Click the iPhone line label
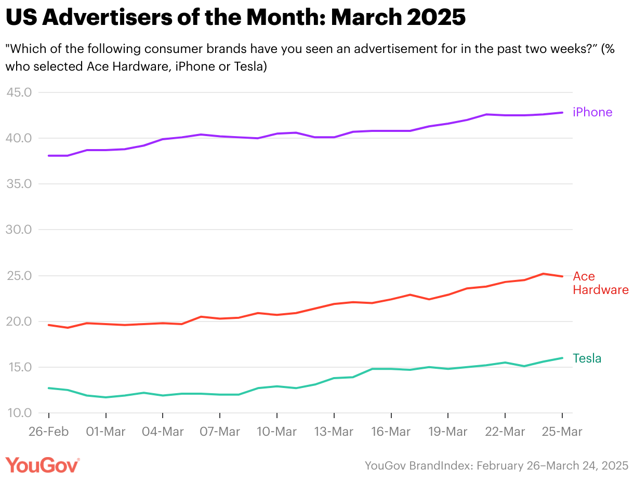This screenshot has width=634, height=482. pyautogui.click(x=592, y=112)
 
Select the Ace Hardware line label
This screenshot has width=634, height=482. pyautogui.click(x=600, y=283)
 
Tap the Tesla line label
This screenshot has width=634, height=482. pyautogui.click(x=587, y=358)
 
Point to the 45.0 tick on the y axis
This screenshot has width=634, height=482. pyautogui.click(x=19, y=92)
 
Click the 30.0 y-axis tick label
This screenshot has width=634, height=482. pyautogui.click(x=19, y=230)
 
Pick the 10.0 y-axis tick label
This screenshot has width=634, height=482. pyautogui.click(x=19, y=413)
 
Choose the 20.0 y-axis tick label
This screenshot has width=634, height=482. pyautogui.click(x=19, y=322)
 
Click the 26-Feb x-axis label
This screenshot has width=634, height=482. pyautogui.click(x=48, y=432)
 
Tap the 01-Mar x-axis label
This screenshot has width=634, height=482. pyautogui.click(x=105, y=432)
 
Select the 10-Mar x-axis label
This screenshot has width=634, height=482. pyautogui.click(x=276, y=432)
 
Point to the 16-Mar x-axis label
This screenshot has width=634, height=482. pyautogui.click(x=391, y=432)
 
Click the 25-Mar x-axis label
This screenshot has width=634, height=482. pyautogui.click(x=562, y=432)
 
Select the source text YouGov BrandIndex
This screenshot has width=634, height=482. pyautogui.click(x=418, y=465)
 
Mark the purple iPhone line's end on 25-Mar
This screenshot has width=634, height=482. pyautogui.click(x=562, y=113)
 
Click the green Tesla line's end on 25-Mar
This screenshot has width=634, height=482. pyautogui.click(x=562, y=358)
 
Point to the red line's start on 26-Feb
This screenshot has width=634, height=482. pyautogui.click(x=48, y=325)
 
